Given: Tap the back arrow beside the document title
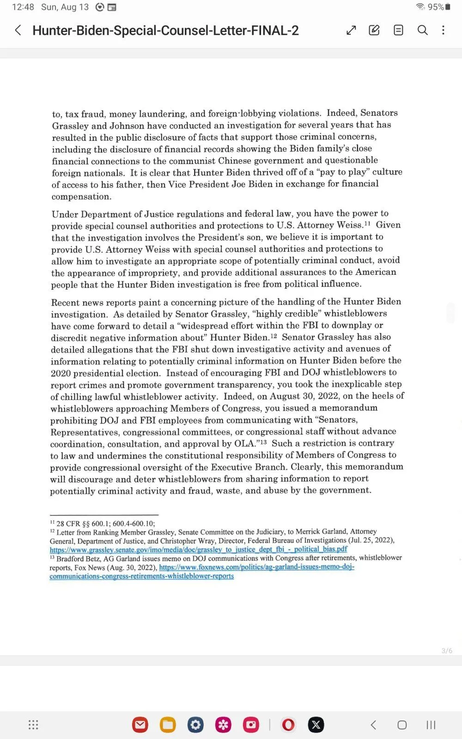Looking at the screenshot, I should [18, 30].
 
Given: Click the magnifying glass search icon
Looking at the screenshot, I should [422, 30].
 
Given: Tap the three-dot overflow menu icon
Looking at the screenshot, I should [444, 30].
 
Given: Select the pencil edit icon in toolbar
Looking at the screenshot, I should [374, 30].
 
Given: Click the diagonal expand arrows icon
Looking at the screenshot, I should [351, 30].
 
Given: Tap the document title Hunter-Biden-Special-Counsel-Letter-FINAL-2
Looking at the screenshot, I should [165, 30].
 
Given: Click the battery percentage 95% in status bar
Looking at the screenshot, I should [436, 7].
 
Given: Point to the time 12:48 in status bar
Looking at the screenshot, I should [23, 7].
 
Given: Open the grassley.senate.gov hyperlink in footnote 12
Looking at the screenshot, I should [198, 549].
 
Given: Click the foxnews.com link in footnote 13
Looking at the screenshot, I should [256, 567].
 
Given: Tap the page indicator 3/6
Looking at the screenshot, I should [447, 651].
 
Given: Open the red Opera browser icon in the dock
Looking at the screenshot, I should [288, 725].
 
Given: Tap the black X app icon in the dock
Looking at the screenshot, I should [316, 725].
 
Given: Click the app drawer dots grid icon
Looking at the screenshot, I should [33, 725].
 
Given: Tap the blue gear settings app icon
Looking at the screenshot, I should [195, 725].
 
